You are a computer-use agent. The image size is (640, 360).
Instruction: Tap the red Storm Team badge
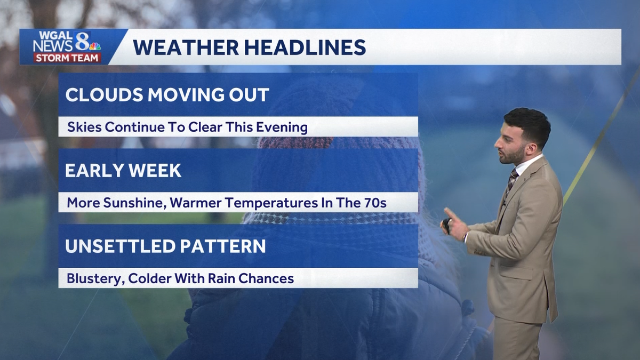click(x=67, y=58)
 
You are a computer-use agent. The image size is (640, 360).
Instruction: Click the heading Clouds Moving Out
click(x=167, y=95)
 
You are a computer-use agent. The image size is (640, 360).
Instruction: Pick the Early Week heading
click(x=123, y=171)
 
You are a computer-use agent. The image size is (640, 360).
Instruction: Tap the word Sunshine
click(x=124, y=203)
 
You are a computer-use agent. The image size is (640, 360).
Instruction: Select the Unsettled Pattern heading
click(x=165, y=246)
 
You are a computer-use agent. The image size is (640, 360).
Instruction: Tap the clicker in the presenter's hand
click(x=446, y=225)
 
